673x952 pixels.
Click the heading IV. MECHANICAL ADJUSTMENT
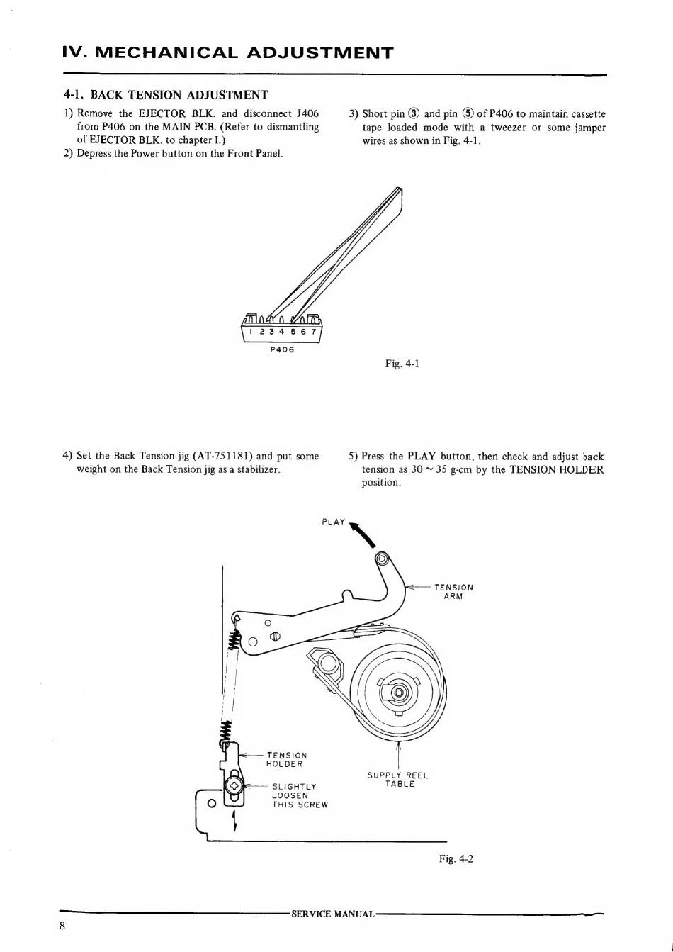coord(227,53)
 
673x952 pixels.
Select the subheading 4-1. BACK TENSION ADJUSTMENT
coord(166,95)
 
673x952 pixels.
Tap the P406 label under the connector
coord(282,350)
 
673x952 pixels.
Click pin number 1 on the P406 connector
coord(251,332)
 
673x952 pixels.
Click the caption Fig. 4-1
coord(402,364)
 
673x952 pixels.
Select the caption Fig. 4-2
coord(456,858)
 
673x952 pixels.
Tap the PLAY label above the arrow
coord(333,522)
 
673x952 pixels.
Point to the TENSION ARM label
coord(453,591)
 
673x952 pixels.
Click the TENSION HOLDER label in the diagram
coord(286,760)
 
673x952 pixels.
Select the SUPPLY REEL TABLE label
coord(398,780)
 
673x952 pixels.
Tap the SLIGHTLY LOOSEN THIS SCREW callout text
coord(299,795)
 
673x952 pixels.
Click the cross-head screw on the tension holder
coord(234,786)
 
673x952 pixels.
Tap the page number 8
coord(63,926)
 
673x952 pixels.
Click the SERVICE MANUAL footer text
coord(332,914)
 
